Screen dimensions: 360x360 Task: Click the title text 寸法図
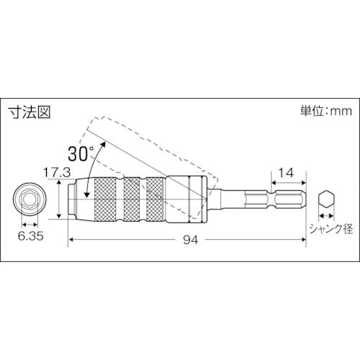(x=30, y=112)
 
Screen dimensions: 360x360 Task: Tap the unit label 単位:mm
(x=325, y=111)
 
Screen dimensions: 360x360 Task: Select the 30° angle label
(x=81, y=153)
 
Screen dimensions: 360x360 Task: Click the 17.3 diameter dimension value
(x=57, y=172)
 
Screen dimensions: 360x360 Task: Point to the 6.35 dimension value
(x=31, y=236)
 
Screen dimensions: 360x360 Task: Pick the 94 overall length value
(x=191, y=240)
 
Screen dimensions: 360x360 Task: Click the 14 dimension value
(x=286, y=173)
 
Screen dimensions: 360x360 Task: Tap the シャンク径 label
(x=331, y=228)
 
